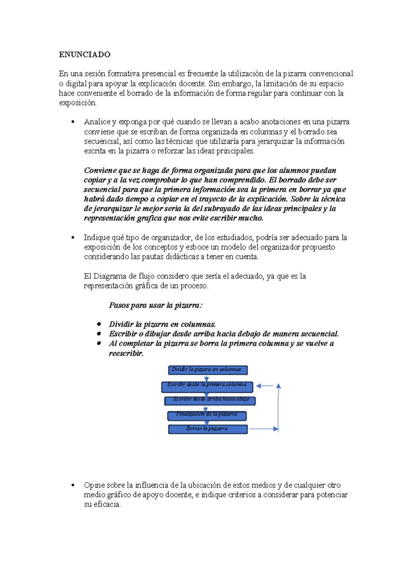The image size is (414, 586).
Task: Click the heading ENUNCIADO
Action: [85, 55]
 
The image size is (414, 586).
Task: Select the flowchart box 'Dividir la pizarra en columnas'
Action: [208, 370]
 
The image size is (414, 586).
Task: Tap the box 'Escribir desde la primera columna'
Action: [207, 387]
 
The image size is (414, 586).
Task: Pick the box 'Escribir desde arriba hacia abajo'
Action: [210, 401]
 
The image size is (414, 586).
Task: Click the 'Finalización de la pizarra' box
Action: [207, 416]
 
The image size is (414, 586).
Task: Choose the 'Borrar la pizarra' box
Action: [208, 429]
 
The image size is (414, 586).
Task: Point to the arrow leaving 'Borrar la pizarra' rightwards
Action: [263, 429]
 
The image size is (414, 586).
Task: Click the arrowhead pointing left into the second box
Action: [259, 386]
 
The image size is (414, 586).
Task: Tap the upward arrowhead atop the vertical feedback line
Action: [278, 386]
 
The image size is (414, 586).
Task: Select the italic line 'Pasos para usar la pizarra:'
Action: [156, 305]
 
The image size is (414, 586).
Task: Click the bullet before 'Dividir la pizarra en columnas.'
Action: [99, 324]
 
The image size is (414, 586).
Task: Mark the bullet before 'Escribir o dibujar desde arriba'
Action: [99, 334]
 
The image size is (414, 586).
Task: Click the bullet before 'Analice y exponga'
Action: [73, 122]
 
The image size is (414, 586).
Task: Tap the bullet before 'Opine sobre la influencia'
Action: [73, 485]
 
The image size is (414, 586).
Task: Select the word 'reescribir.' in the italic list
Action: [126, 353]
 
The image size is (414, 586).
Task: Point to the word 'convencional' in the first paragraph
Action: [331, 74]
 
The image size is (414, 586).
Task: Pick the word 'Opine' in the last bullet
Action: [94, 485]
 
